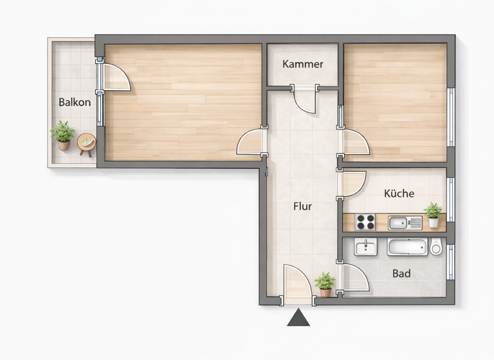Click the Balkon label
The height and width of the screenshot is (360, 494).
pos(75,102)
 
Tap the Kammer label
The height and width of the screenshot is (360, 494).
pos(302,64)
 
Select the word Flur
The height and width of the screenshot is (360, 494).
pos(302,206)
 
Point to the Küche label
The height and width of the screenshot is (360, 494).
pos(399,194)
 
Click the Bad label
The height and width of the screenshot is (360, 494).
pos(401,274)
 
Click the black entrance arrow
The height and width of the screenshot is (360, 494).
pos(298,318)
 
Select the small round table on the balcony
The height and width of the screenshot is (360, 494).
pos(86,143)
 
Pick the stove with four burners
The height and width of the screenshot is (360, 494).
pos(365,222)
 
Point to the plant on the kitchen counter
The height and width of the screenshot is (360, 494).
pos(434,215)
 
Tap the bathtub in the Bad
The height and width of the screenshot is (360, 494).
pos(407,247)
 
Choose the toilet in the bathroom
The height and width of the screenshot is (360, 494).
pos(437,247)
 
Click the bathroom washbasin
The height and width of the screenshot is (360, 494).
pos(365,246)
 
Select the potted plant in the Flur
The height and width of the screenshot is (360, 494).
pos(325,283)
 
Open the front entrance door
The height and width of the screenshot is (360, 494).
pos(297,283)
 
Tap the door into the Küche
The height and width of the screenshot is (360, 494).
pos(353,184)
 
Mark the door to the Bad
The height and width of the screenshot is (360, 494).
pos(354,278)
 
